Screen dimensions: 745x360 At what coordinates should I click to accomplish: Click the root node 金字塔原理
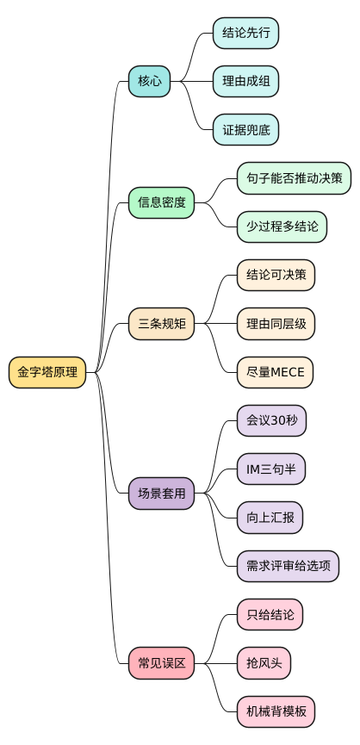(x=47, y=373)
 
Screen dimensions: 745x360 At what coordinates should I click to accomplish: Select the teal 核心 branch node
(x=149, y=82)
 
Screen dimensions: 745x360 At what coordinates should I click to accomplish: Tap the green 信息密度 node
(x=161, y=203)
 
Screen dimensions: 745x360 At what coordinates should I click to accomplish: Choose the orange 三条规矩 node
(x=161, y=324)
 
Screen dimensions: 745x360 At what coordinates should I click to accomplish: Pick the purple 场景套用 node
(x=161, y=494)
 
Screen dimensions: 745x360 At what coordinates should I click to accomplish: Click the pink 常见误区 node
(x=161, y=663)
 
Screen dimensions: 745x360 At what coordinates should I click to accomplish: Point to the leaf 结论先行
(x=245, y=34)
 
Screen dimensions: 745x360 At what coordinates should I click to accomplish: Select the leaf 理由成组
(x=245, y=82)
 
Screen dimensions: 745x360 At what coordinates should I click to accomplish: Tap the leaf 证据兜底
(x=245, y=130)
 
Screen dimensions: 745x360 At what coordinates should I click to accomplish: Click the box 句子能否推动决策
(x=294, y=178)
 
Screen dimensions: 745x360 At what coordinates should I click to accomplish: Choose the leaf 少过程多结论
(x=282, y=227)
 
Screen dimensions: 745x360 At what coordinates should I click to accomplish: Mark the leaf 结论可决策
(x=276, y=276)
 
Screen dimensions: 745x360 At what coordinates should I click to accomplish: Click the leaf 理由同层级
(x=276, y=324)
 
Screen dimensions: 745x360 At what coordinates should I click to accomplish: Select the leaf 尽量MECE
(x=276, y=372)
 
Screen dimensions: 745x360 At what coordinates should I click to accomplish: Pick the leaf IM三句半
(x=270, y=469)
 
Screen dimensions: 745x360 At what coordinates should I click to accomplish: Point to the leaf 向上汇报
(x=270, y=518)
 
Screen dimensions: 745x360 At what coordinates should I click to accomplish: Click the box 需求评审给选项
(x=288, y=566)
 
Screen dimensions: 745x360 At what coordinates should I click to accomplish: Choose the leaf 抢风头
(x=264, y=663)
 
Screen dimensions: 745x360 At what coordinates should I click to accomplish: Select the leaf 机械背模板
(x=276, y=711)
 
